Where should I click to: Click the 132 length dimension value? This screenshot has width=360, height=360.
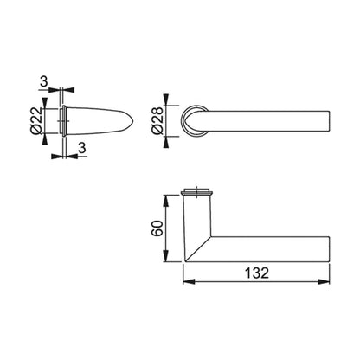tap(257, 273)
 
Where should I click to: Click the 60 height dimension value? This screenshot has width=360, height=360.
tap(157, 228)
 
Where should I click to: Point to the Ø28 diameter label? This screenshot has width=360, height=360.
tap(157, 120)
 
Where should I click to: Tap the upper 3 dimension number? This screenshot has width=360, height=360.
tap(43, 81)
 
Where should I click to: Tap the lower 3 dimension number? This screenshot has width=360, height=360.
tap(82, 148)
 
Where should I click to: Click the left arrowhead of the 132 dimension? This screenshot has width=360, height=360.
tap(189, 281)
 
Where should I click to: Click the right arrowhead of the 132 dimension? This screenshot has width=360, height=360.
tap(324, 281)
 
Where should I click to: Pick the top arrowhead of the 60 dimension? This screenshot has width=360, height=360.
tap(165, 201)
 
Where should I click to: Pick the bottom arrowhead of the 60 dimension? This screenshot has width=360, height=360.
tap(165, 256)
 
